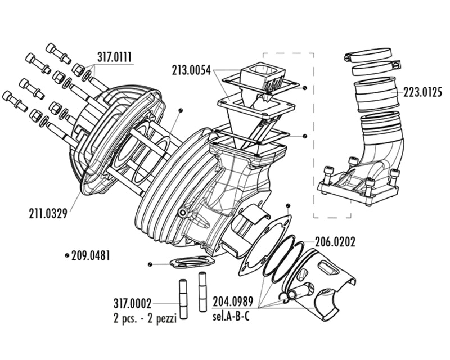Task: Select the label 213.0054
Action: tap(192, 70)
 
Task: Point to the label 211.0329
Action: tap(47, 213)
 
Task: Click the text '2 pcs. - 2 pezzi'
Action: tap(145, 318)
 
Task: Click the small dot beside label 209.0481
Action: tap(67, 255)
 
